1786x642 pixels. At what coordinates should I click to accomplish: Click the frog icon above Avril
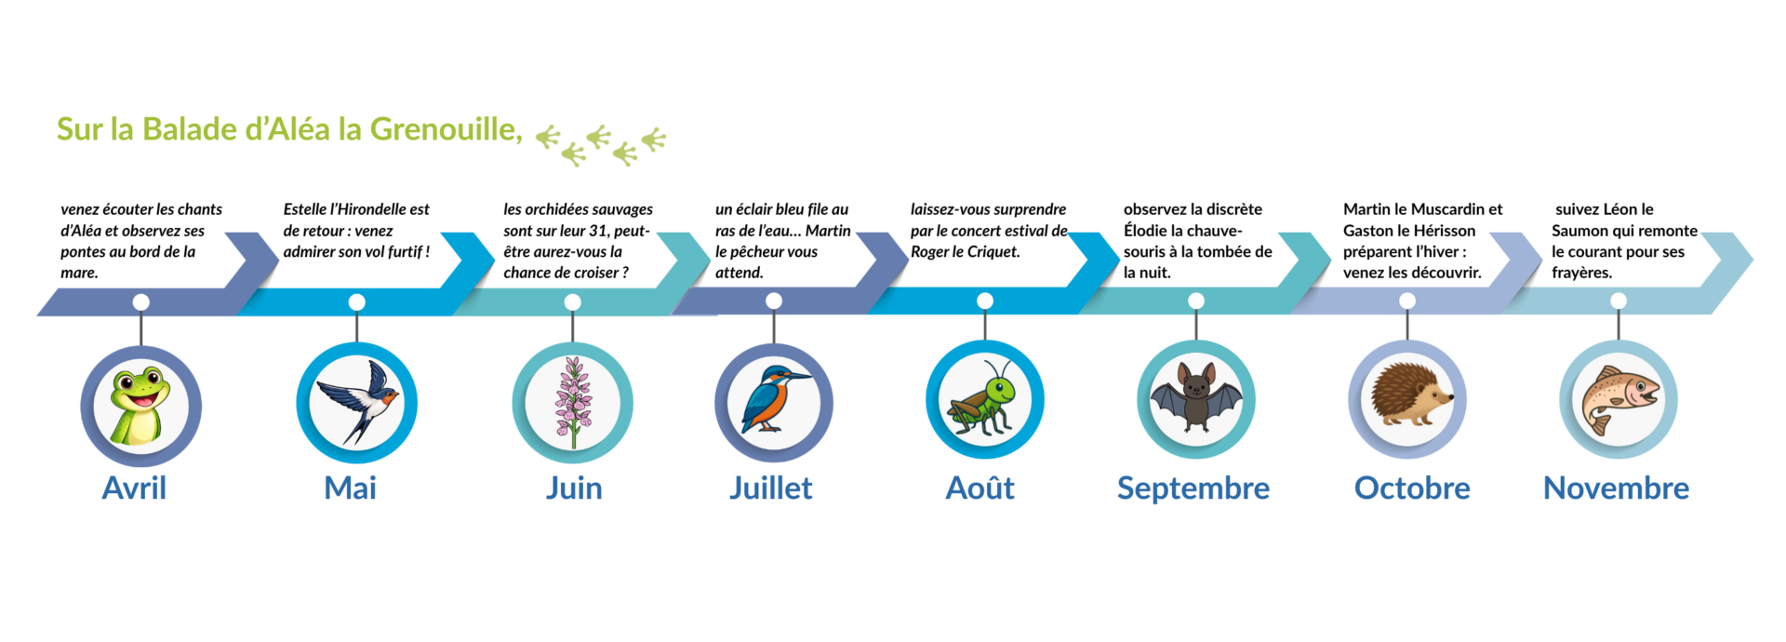tap(140, 406)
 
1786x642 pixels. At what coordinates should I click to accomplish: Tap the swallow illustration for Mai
tap(356, 402)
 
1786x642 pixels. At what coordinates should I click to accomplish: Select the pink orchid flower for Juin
tap(572, 402)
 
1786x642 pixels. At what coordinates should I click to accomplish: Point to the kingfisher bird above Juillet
tap(773, 402)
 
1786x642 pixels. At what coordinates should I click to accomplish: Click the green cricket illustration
tap(984, 400)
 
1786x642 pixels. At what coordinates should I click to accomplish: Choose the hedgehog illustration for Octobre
tap(1406, 398)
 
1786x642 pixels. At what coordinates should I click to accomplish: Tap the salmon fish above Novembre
tap(1618, 398)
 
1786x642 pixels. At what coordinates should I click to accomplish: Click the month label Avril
tap(134, 488)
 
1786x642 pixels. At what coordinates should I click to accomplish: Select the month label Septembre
tap(1193, 488)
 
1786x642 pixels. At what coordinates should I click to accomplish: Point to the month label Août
tap(980, 488)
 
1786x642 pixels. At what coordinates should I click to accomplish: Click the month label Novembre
tap(1616, 488)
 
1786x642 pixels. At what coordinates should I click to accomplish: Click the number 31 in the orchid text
tap(597, 231)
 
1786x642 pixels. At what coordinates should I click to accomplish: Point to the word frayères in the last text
tap(1581, 273)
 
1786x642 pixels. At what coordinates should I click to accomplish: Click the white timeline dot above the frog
tap(140, 301)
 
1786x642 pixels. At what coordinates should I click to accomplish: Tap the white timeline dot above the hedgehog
tap(1406, 301)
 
